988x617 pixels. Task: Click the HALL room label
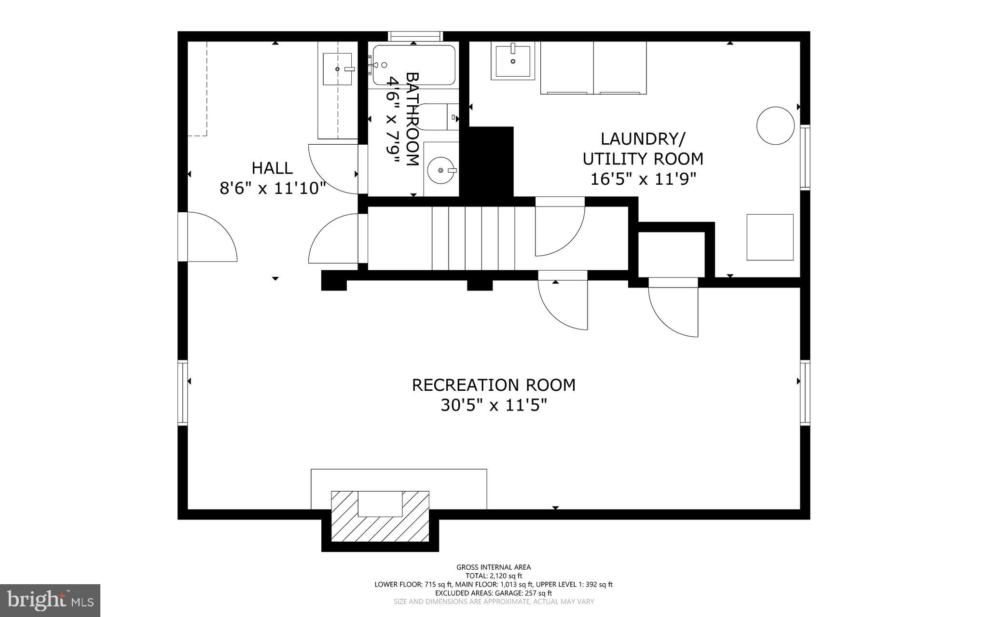click(272, 168)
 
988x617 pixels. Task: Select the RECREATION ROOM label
click(494, 385)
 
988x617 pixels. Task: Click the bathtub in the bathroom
click(414, 65)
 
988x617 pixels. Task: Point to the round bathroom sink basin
click(441, 170)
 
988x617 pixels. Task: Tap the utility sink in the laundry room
click(513, 60)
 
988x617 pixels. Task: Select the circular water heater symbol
click(775, 125)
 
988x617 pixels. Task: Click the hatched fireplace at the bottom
click(380, 516)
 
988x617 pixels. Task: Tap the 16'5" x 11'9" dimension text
click(644, 179)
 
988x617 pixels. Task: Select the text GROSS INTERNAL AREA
click(494, 567)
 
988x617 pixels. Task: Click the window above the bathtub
click(415, 36)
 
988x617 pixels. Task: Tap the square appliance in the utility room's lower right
click(770, 237)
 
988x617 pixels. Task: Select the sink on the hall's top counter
click(338, 69)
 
